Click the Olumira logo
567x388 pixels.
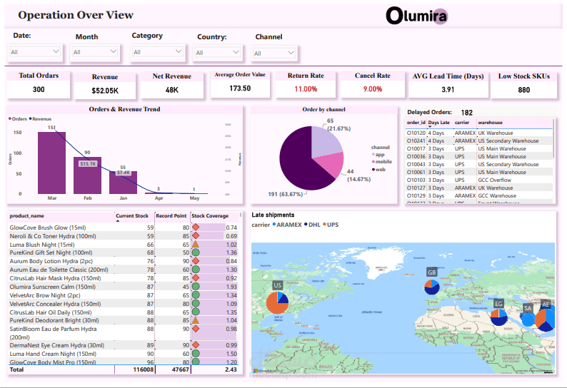click(x=416, y=16)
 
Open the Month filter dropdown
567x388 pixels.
click(x=95, y=52)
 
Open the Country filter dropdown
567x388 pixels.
click(x=218, y=53)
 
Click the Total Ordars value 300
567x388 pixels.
click(x=39, y=89)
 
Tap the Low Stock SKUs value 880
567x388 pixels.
click(x=524, y=90)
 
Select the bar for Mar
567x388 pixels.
click(x=51, y=163)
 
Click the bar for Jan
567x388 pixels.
click(x=123, y=182)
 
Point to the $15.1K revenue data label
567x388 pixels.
click(x=88, y=164)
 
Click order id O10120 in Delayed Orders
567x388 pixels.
click(x=416, y=133)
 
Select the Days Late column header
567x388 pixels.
click(x=439, y=123)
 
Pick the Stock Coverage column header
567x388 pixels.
click(x=210, y=216)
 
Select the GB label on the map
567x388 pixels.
click(x=431, y=272)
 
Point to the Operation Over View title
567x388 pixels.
click(x=75, y=15)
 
